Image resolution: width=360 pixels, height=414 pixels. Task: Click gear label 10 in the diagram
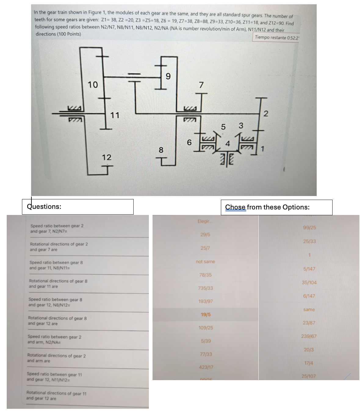[93, 85]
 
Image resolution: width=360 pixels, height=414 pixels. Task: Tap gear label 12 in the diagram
[106, 157]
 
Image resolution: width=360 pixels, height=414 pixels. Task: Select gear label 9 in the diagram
[167, 76]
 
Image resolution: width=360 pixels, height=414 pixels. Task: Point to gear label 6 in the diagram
[189, 143]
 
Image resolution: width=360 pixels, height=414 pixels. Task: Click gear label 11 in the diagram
[115, 115]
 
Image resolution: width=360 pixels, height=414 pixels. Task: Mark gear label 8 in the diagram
[161, 150]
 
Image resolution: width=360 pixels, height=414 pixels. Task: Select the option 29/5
[205, 235]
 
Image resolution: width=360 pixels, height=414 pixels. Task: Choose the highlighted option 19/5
[206, 314]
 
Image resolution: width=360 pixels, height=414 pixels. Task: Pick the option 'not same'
[205, 262]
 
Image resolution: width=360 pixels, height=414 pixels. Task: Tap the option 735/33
[206, 288]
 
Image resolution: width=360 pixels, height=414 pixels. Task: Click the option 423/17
[206, 367]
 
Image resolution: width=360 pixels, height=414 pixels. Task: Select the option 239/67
[309, 336]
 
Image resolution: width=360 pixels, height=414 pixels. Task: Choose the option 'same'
[309, 310]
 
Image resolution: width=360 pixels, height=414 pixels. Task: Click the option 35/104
[309, 283]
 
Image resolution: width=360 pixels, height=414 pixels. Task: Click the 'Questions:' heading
[44, 207]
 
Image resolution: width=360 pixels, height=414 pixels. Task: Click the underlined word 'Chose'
[235, 207]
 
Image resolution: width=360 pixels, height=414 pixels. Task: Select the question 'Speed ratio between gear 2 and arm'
[54, 340]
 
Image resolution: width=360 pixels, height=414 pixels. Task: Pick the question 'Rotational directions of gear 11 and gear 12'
[56, 396]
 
